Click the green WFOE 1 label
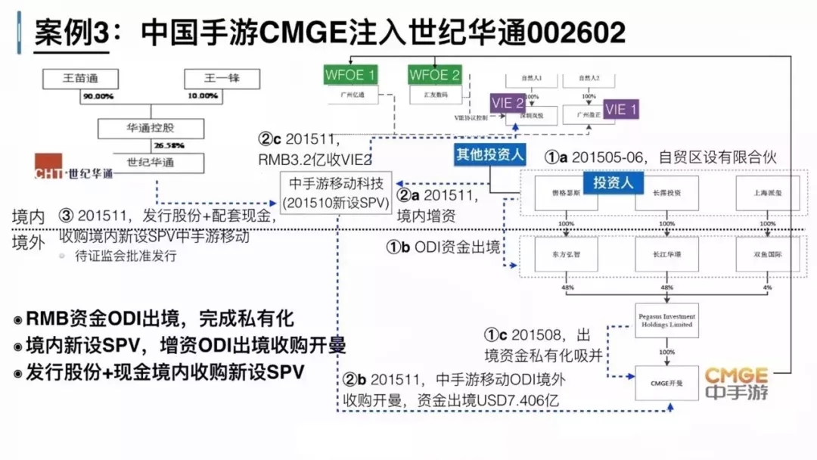pyautogui.click(x=350, y=75)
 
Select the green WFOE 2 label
pyautogui.click(x=434, y=75)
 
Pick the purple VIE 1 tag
pyautogui.click(x=621, y=110)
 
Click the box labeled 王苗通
pyautogui.click(x=81, y=78)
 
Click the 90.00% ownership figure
pyautogui.click(x=98, y=97)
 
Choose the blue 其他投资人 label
pyautogui.click(x=490, y=154)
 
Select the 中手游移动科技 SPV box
pyautogui.click(x=335, y=194)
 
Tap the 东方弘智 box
pyautogui.click(x=564, y=255)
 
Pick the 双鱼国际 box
pyautogui.click(x=768, y=255)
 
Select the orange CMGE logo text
pyautogui.click(x=737, y=376)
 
